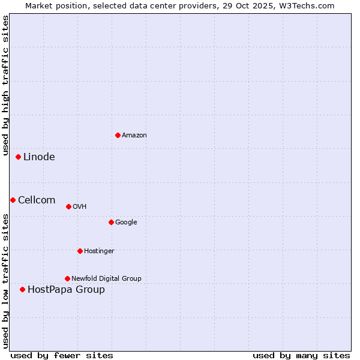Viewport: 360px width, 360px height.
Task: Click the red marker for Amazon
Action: pyautogui.click(x=118, y=135)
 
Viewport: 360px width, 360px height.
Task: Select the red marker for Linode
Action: pyautogui.click(x=19, y=157)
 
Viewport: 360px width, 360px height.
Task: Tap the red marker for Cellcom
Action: pyautogui.click(x=13, y=200)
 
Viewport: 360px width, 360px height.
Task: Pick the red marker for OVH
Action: pyautogui.click(x=68, y=206)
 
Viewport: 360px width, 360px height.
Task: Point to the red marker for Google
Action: pyautogui.click(x=111, y=222)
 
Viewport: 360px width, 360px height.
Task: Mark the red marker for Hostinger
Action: pyautogui.click(x=80, y=251)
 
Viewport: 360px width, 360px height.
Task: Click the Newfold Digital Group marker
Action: pyautogui.click(x=67, y=278)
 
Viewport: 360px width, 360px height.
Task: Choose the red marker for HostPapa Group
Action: pyautogui.click(x=22, y=289)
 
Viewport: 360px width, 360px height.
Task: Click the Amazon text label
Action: pyautogui.click(x=134, y=136)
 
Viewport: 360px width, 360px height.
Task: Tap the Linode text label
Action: pyautogui.click(x=39, y=157)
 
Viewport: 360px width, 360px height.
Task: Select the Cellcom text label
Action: pyautogui.click(x=37, y=200)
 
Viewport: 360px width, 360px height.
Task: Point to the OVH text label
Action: pyautogui.click(x=80, y=207)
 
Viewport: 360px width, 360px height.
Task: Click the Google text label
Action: pyautogui.click(x=126, y=223)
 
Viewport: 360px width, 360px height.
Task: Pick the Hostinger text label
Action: pyautogui.click(x=99, y=251)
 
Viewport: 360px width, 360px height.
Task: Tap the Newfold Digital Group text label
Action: pyautogui.click(x=106, y=278)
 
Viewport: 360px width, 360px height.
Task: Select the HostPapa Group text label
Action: pyautogui.click(x=66, y=290)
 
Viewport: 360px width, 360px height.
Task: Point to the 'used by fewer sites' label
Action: pyautogui.click(x=62, y=355)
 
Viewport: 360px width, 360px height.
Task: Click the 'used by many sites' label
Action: pyautogui.click(x=301, y=355)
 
